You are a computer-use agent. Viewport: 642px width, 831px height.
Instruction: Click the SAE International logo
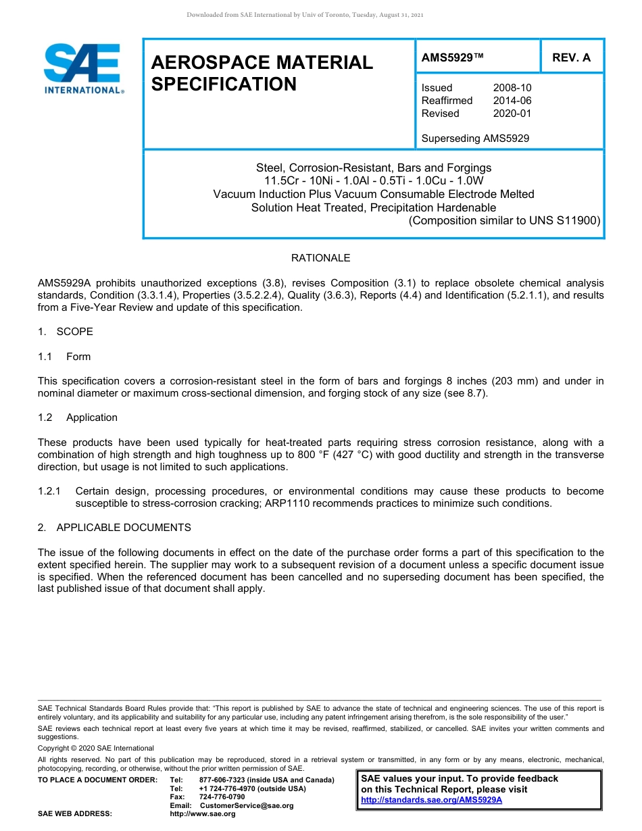[82, 68]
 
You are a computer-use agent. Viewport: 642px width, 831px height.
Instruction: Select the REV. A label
[571, 57]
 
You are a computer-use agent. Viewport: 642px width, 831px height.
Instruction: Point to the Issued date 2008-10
[512, 88]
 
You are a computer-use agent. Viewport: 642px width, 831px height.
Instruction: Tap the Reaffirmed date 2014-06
[512, 101]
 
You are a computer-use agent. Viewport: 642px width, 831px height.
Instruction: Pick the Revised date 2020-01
[512, 114]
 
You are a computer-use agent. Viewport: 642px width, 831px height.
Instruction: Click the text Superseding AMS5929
[475, 138]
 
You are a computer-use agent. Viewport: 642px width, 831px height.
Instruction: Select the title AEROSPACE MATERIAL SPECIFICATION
[262, 73]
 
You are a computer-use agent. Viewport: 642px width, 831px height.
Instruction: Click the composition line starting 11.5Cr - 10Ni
[374, 180]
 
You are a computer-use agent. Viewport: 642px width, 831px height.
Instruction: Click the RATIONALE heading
[320, 258]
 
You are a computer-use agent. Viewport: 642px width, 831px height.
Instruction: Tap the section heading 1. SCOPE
[66, 332]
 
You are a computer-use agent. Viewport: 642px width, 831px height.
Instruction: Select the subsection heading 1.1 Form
[64, 357]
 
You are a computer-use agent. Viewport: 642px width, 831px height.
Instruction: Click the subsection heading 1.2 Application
[78, 418]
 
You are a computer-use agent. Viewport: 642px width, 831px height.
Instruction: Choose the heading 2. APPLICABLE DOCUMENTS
[114, 527]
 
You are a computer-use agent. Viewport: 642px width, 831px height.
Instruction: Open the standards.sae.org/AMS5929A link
[431, 800]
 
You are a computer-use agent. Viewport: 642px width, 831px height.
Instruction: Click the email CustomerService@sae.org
[247, 805]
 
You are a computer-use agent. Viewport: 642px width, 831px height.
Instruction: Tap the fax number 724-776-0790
[222, 797]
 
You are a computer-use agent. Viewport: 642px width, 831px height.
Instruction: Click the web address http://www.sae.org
[203, 814]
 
